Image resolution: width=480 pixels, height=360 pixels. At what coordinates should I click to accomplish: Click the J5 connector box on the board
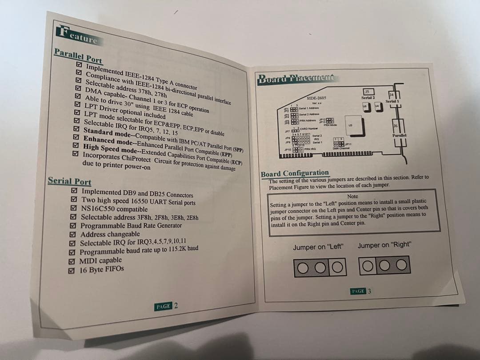(367, 92)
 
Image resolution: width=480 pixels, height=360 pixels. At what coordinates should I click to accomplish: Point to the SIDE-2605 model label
(316, 98)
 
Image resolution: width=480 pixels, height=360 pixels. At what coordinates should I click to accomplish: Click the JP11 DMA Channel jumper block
(339, 144)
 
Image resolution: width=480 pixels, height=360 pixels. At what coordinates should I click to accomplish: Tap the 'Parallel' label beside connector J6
(400, 135)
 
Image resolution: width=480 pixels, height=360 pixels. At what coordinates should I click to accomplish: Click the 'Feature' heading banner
(77, 36)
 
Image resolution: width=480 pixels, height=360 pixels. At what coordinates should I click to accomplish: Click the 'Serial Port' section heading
(69, 181)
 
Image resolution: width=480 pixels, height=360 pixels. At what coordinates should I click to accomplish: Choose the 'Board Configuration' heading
(295, 173)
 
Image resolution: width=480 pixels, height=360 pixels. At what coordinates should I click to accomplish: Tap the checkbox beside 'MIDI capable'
(72, 261)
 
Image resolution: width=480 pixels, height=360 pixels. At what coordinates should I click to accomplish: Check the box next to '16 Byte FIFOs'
(71, 270)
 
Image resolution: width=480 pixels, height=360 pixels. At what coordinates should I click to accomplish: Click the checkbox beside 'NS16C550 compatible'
(73, 208)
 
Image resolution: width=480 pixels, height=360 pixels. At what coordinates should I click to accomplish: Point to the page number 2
(176, 305)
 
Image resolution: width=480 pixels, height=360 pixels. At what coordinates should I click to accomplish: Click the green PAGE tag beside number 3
(358, 291)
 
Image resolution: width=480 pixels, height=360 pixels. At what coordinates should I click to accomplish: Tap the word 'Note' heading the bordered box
(352, 196)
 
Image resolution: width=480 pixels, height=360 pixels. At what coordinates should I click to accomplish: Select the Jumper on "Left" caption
(319, 247)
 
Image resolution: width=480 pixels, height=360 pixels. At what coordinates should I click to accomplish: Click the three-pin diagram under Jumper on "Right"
(384, 265)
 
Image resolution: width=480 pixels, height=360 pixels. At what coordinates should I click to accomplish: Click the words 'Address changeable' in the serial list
(110, 234)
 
